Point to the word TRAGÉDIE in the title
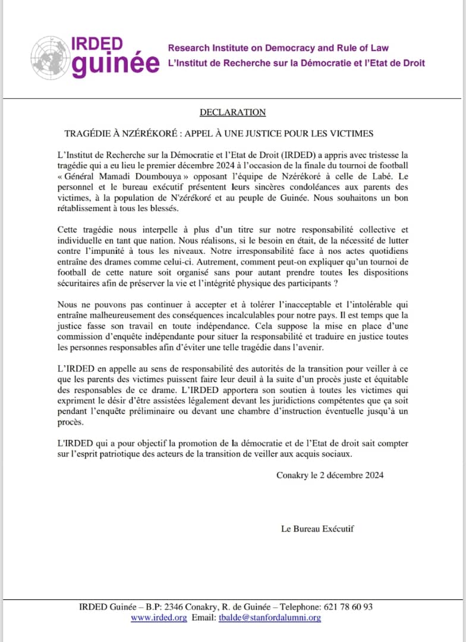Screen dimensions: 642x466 click(90, 133)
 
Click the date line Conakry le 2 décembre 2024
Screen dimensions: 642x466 click(329, 475)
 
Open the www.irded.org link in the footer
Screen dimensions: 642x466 click(159, 618)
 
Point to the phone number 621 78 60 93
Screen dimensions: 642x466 click(348, 607)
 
